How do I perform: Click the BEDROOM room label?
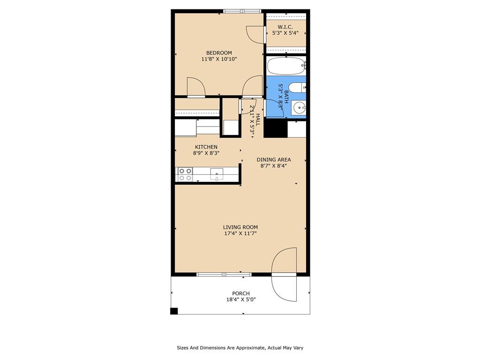pos(219,52)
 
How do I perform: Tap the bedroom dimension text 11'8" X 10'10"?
pos(219,59)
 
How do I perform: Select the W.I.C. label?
pos(285,27)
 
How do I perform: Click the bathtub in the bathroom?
pos(286,66)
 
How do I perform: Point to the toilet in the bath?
pos(297,88)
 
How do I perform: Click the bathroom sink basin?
pos(299,108)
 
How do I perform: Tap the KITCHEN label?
pos(206,147)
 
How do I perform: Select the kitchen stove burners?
pos(185,174)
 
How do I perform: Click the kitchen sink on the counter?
pos(217,174)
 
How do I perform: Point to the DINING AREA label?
pos(274,159)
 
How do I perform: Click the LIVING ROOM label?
pos(240,227)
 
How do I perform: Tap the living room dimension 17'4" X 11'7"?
pos(240,233)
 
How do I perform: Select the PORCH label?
pos(241,293)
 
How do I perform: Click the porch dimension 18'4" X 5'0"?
pos(241,300)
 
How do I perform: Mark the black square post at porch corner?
pos(174,311)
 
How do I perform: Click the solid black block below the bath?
pos(276,128)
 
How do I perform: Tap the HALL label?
pos(258,120)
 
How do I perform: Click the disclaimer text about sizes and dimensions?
pos(240,348)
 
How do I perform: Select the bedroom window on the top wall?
pos(242,11)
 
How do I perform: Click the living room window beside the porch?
pos(224,274)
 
